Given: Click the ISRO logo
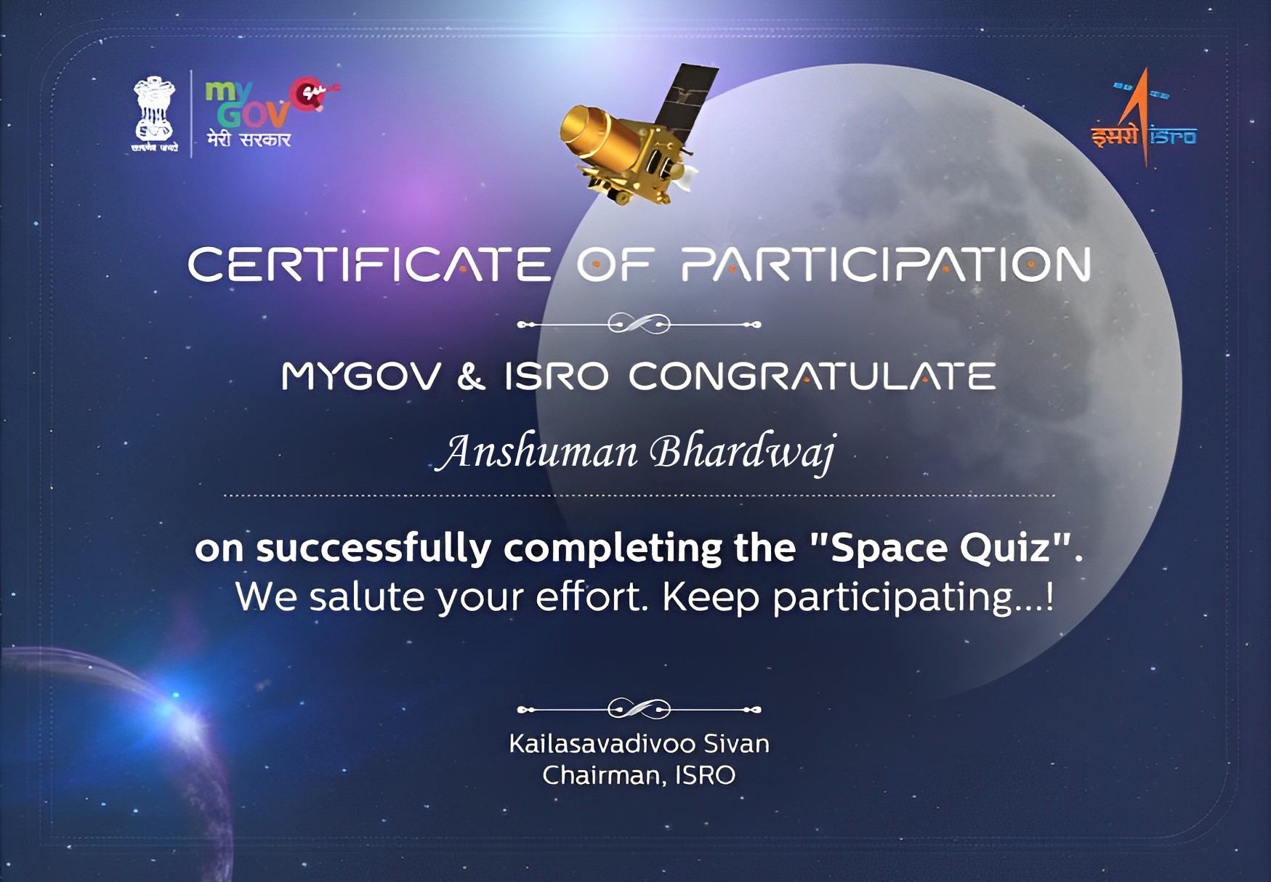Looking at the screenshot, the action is [x=1144, y=116].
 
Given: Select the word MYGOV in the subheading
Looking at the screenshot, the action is [x=361, y=376].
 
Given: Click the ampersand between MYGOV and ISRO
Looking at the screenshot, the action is [x=472, y=376].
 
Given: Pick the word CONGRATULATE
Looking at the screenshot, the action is [x=812, y=376].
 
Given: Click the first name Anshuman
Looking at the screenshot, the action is [x=538, y=452].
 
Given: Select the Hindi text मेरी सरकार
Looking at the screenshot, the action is [x=249, y=138].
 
